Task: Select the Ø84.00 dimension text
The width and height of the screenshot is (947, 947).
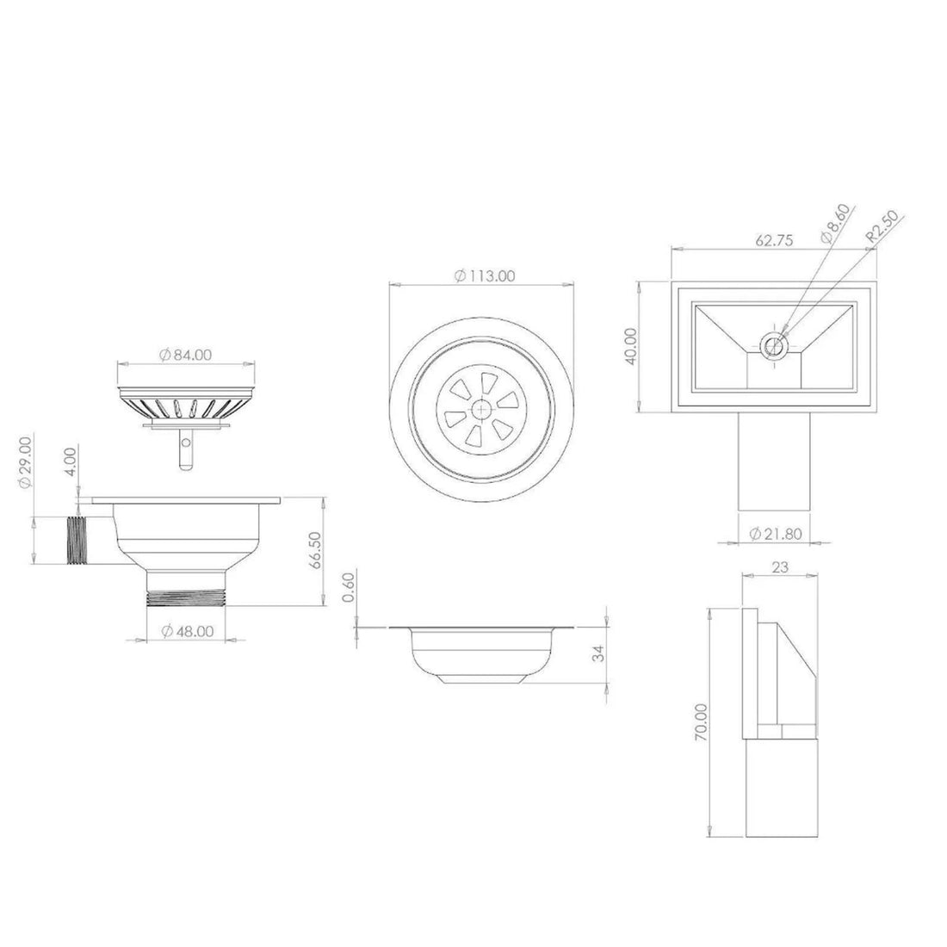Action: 186,354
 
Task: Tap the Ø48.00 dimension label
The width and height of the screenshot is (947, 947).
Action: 187,630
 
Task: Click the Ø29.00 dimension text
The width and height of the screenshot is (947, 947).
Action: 26,462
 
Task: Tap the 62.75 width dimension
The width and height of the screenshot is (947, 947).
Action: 774,242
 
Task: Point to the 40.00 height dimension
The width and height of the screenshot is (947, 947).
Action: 631,346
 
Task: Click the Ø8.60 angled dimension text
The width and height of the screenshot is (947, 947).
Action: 834,220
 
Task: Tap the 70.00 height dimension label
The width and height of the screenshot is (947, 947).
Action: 702,721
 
